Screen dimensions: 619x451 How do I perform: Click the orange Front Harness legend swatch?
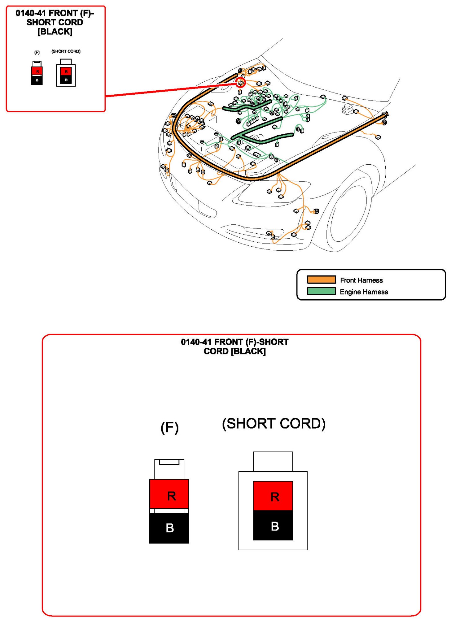click(x=321, y=279)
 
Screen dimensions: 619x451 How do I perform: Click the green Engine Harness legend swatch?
click(x=321, y=291)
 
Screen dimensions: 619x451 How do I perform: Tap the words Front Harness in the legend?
click(x=361, y=280)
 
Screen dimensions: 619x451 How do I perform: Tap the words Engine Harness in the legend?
click(x=364, y=292)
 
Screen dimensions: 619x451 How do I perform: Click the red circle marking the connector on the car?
click(x=241, y=83)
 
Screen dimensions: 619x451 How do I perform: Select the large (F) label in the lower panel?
click(x=169, y=427)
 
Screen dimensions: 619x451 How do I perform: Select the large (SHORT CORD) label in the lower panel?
click(x=274, y=424)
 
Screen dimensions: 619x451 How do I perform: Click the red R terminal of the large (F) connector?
click(x=169, y=495)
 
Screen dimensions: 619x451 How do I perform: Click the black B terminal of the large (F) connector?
click(x=169, y=528)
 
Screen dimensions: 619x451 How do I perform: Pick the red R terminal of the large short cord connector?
click(x=273, y=496)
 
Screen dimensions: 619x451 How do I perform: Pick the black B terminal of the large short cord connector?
click(x=273, y=526)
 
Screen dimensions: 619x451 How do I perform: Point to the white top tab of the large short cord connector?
click(x=273, y=461)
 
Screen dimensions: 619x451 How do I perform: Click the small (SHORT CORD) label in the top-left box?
click(x=66, y=51)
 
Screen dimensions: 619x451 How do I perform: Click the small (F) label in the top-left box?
click(x=37, y=52)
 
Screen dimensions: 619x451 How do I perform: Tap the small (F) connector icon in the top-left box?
click(x=37, y=74)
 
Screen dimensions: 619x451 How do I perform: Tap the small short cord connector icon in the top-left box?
click(x=66, y=74)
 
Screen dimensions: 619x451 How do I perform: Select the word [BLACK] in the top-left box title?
click(x=55, y=32)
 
